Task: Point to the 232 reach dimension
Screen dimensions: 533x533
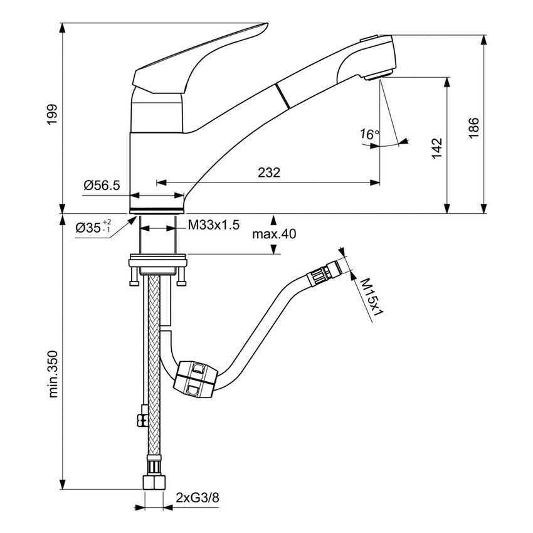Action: [268, 172]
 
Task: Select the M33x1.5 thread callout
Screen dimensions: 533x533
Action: [214, 226]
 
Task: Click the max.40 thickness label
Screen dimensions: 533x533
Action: [273, 235]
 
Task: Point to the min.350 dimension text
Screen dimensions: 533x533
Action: [53, 374]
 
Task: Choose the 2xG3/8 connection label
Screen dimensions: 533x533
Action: [199, 499]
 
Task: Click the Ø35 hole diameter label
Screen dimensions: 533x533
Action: [92, 228]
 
